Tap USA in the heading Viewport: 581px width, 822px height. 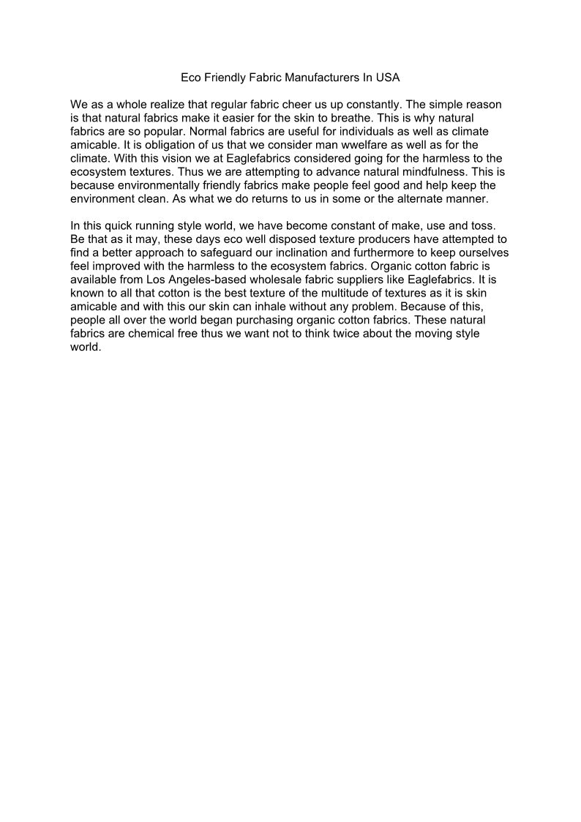[x=388, y=77]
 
